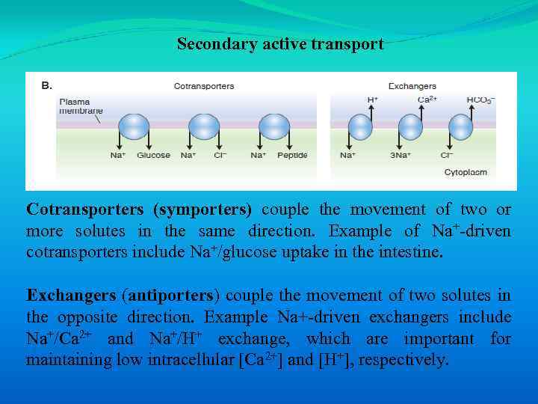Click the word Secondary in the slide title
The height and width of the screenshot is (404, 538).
(212, 44)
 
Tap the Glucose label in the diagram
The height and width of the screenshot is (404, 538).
(154, 156)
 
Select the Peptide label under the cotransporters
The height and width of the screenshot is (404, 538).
(291, 156)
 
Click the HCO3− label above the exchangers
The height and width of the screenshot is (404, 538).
(480, 100)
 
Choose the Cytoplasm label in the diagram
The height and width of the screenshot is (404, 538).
(466, 173)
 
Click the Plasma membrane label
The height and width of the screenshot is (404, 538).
(81, 105)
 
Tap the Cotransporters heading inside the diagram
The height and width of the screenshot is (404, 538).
(203, 86)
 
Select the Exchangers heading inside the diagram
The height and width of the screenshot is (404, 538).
(412, 86)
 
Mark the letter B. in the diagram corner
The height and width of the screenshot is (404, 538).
(46, 85)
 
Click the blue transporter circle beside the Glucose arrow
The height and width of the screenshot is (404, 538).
(134, 127)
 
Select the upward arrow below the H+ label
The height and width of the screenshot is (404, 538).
(371, 120)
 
